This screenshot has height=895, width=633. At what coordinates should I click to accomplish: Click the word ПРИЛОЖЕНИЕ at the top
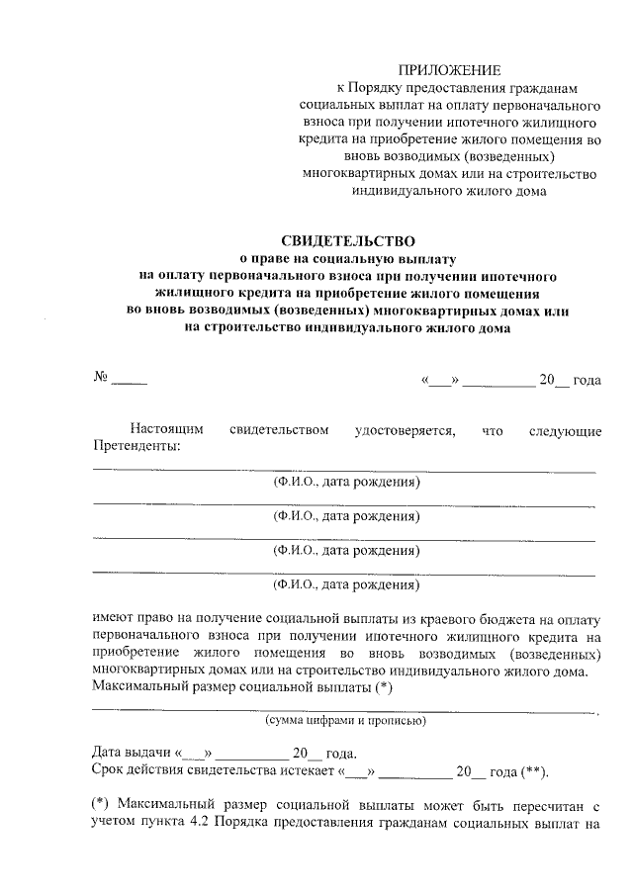(450, 69)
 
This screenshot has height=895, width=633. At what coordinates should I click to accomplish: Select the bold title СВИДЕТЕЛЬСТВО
(348, 240)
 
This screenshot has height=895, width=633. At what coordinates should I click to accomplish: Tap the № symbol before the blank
(100, 378)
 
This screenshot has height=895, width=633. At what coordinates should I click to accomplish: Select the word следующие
(565, 429)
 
